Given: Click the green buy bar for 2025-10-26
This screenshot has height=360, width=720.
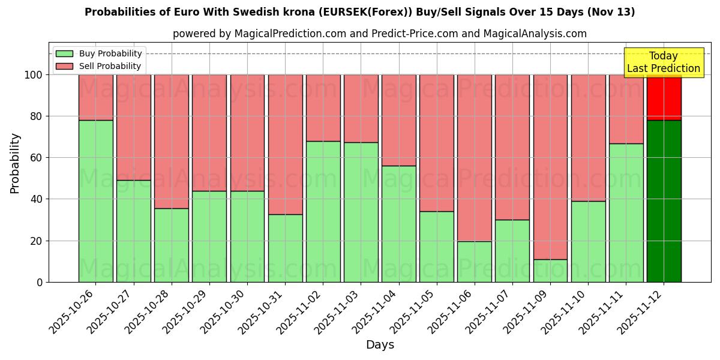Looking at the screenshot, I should (95, 201).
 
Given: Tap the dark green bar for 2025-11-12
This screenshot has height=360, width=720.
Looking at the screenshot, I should (664, 201).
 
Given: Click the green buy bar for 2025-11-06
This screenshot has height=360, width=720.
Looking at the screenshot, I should (475, 262).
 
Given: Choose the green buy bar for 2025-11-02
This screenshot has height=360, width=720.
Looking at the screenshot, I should (323, 211).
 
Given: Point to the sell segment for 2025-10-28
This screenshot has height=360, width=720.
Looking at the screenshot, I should (172, 142).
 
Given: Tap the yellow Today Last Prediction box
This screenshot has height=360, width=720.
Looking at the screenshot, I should (663, 62).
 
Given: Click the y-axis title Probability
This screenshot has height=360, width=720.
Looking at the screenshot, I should (15, 163).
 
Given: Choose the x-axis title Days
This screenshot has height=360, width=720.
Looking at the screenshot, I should (380, 345).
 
